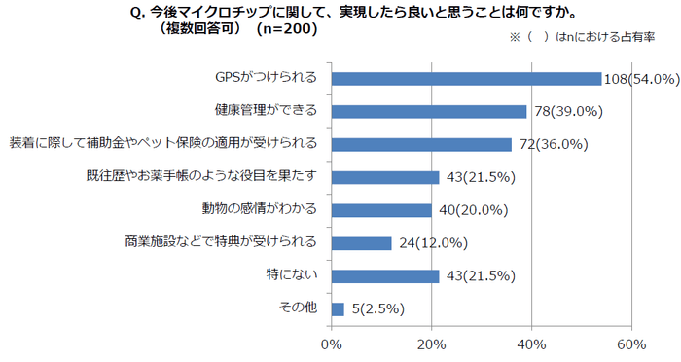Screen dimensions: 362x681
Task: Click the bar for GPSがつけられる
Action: pos(466,79)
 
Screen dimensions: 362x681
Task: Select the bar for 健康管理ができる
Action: pos(429,111)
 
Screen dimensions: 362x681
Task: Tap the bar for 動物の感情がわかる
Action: pos(381,210)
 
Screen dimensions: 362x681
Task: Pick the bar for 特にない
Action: pos(385,276)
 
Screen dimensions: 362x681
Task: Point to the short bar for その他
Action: pos(338,309)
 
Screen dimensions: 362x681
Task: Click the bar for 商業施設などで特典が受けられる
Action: pos(361,243)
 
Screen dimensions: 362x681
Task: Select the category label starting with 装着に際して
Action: pos(163,144)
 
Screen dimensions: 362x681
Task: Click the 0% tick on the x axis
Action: pos(332,344)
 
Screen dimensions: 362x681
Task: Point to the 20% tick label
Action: pos(431,344)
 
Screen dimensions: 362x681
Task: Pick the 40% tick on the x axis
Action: pos(531,344)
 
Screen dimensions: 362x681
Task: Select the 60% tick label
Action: pos(631,344)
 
